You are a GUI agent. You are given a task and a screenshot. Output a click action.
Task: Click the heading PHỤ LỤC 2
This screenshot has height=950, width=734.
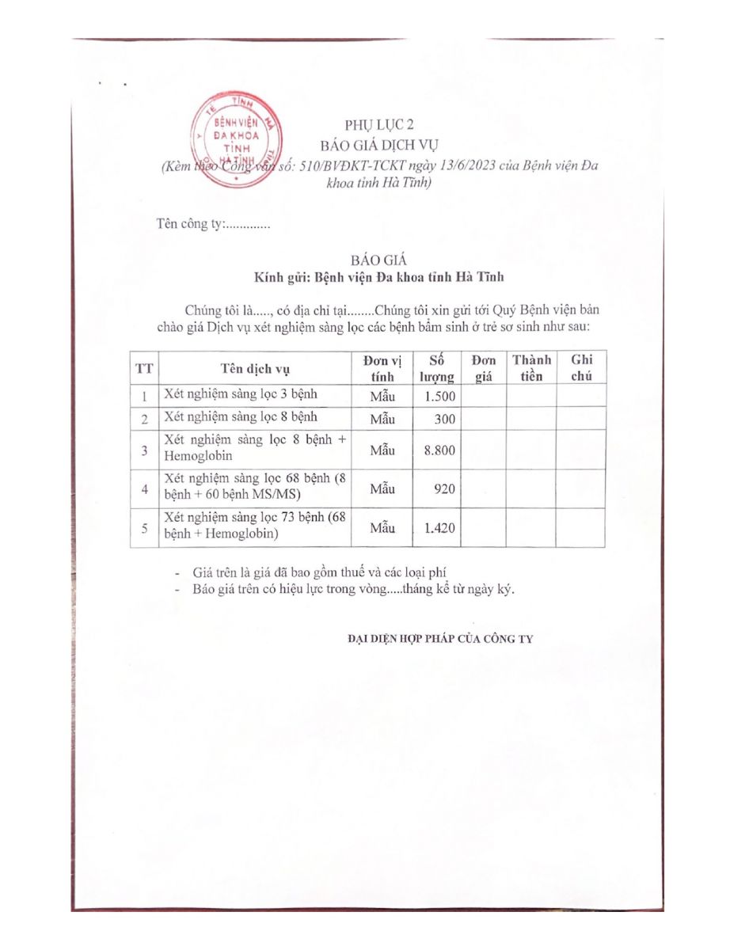(x=379, y=125)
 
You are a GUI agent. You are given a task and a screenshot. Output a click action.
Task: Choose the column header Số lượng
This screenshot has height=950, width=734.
(x=436, y=367)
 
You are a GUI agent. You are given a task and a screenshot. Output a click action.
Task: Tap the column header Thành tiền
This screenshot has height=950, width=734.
(x=531, y=367)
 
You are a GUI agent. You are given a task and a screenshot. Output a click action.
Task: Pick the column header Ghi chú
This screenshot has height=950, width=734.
(x=581, y=367)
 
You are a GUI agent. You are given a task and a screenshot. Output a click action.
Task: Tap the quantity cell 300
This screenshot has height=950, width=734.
(x=445, y=419)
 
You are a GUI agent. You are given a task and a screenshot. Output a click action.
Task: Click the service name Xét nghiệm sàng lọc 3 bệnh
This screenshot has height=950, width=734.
(x=229, y=394)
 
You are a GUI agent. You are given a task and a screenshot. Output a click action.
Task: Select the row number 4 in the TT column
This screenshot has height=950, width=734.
(x=144, y=489)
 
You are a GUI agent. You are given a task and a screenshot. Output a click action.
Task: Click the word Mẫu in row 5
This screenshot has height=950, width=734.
(x=382, y=528)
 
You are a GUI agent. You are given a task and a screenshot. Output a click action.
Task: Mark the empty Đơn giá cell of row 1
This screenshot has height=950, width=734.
(x=483, y=396)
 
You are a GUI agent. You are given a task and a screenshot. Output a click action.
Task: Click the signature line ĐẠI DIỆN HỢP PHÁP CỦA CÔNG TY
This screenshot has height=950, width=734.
(x=440, y=639)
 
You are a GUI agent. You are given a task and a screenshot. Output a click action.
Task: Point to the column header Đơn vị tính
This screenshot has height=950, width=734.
(x=382, y=367)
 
